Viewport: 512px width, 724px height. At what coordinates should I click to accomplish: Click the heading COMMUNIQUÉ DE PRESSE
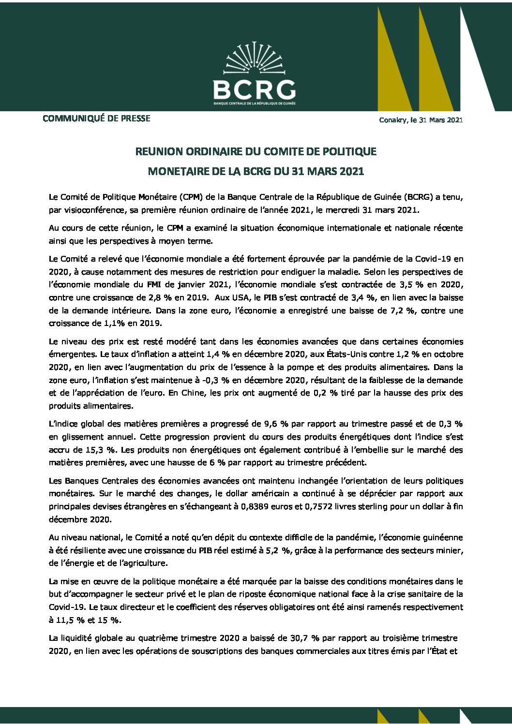[96, 118]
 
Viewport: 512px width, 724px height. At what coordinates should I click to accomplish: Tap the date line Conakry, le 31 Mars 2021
[421, 120]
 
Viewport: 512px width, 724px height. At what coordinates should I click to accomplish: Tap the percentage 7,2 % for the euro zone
[403, 310]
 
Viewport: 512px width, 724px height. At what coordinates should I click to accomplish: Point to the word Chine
[193, 393]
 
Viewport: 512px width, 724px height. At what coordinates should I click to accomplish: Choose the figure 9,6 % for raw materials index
[276, 424]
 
